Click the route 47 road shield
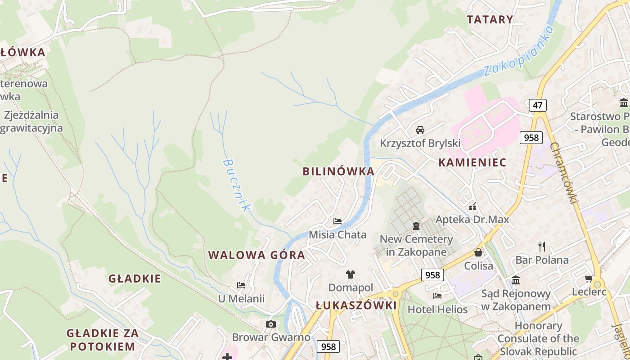[537, 105]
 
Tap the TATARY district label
[490, 19]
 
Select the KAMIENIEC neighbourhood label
[472, 162]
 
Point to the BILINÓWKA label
[338, 171]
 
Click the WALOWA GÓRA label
[256, 255]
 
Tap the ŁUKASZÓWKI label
[356, 306]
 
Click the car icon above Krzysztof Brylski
[420, 130]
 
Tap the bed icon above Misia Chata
[337, 221]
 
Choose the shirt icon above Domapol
[351, 274]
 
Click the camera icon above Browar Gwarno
[270, 324]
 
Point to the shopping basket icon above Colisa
[478, 252]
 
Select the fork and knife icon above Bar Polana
[542, 247]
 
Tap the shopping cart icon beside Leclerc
[588, 279]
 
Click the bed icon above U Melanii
[241, 285]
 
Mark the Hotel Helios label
[437, 310]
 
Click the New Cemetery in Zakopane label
[416, 245]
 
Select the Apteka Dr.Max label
[472, 220]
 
